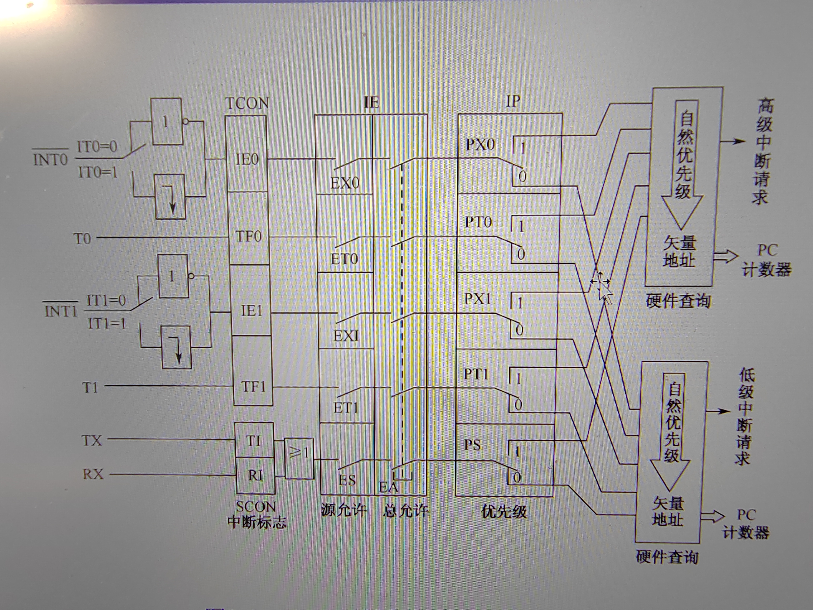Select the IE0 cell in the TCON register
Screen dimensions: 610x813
point(247,160)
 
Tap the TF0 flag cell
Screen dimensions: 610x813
point(249,236)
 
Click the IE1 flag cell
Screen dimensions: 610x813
point(251,311)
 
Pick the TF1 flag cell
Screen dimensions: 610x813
point(253,386)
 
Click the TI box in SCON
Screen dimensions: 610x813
point(254,440)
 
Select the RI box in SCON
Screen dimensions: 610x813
point(255,475)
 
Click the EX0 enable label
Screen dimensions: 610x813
point(345,183)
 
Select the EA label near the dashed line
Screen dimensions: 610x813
point(388,487)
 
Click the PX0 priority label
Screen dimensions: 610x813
point(480,145)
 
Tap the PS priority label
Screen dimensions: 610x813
point(472,445)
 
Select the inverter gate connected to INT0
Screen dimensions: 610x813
point(167,121)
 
